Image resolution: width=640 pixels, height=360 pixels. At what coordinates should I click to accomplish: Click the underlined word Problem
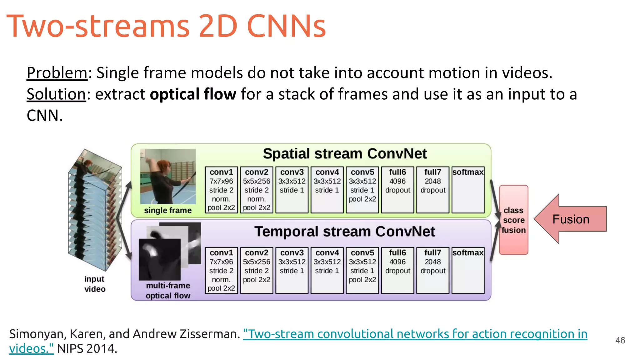tap(57, 73)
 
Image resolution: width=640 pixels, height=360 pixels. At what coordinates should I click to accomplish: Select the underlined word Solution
tap(56, 94)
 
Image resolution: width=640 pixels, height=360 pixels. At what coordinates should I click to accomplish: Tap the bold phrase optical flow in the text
tap(193, 94)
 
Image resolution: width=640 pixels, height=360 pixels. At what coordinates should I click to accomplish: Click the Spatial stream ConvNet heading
tap(345, 154)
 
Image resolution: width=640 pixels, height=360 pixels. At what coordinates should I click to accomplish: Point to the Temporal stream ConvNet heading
tap(344, 232)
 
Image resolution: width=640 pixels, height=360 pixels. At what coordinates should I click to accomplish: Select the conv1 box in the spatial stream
tap(221, 190)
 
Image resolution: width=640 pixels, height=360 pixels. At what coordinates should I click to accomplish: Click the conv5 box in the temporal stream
tap(362, 270)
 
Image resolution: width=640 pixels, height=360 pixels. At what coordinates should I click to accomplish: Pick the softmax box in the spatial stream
tap(468, 190)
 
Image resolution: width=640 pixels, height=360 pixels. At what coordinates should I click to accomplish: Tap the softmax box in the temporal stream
tap(468, 270)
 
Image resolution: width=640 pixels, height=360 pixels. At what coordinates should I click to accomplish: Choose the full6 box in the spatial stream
tap(397, 190)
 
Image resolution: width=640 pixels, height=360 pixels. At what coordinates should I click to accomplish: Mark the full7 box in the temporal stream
tap(433, 270)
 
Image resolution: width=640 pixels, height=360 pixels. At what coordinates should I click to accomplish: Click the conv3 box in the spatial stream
tap(292, 190)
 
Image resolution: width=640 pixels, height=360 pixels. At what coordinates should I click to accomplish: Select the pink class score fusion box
tap(513, 220)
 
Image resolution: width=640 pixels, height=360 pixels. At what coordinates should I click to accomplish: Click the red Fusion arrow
tap(570, 219)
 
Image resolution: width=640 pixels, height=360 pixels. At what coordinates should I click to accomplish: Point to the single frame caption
tap(168, 210)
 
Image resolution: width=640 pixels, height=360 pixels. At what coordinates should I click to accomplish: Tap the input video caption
tap(95, 284)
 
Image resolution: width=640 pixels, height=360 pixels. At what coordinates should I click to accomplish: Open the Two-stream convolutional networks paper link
tap(415, 334)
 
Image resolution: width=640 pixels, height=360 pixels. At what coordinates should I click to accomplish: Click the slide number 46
tap(620, 340)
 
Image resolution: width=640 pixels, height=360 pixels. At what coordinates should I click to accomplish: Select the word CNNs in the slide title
tap(286, 26)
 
